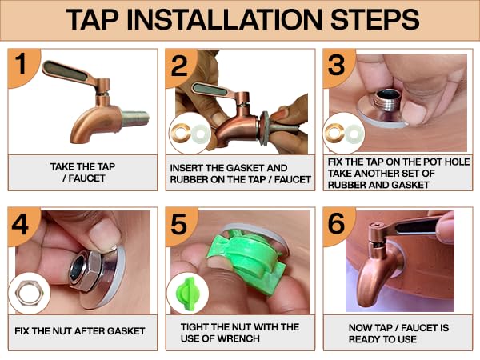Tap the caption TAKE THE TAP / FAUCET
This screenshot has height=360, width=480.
click(x=82, y=173)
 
